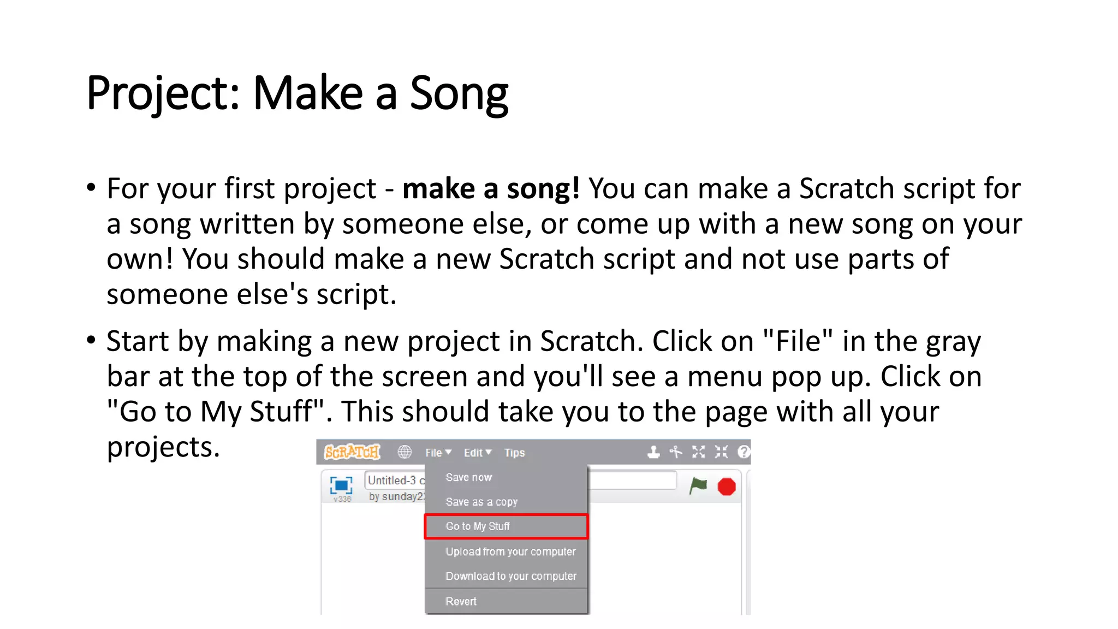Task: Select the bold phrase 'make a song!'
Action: pyautogui.click(x=490, y=189)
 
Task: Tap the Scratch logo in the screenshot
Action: pyautogui.click(x=352, y=452)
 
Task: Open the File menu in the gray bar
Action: pyautogui.click(x=438, y=453)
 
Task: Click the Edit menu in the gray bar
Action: pyautogui.click(x=477, y=453)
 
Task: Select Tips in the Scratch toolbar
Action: pyautogui.click(x=514, y=453)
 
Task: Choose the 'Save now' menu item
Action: pyautogui.click(x=468, y=477)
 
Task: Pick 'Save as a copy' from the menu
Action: pyautogui.click(x=481, y=502)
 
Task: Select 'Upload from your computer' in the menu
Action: pyautogui.click(x=510, y=551)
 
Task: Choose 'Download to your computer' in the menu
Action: pyautogui.click(x=510, y=576)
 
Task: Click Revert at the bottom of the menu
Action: pyautogui.click(x=461, y=601)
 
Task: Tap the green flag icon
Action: pyautogui.click(x=698, y=485)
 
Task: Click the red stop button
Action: pyautogui.click(x=727, y=486)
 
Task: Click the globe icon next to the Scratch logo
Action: pyautogui.click(x=405, y=452)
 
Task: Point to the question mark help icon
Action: pyautogui.click(x=744, y=452)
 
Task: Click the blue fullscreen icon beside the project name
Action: pyautogui.click(x=341, y=485)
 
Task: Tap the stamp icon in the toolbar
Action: pyautogui.click(x=653, y=452)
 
